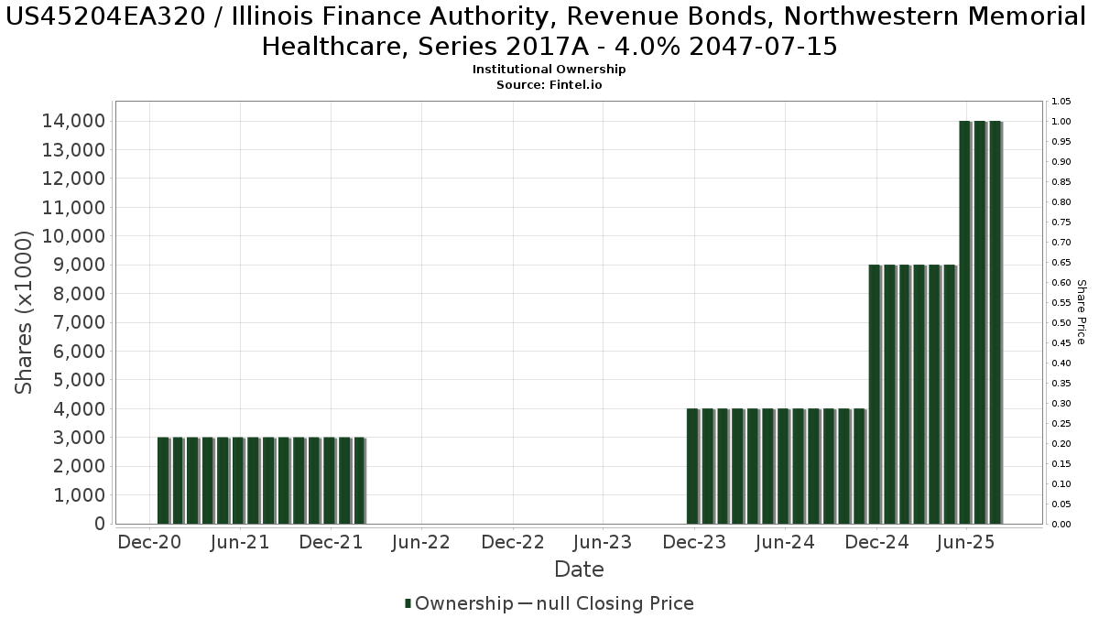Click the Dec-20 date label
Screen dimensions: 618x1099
click(x=149, y=542)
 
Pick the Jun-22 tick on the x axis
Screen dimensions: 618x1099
click(x=420, y=542)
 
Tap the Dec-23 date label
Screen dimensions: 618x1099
click(x=693, y=542)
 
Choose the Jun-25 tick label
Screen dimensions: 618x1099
click(x=966, y=542)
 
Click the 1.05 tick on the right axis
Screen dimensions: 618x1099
click(x=1061, y=101)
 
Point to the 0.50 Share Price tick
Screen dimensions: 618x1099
click(x=1061, y=322)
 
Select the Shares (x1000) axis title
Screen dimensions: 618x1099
click(x=25, y=312)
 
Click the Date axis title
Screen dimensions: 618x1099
click(x=579, y=569)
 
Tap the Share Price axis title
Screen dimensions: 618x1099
click(x=1081, y=312)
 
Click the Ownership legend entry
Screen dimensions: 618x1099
click(x=459, y=603)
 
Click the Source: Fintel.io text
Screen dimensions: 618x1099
click(x=549, y=84)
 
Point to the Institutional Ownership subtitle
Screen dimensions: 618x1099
click(x=549, y=70)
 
